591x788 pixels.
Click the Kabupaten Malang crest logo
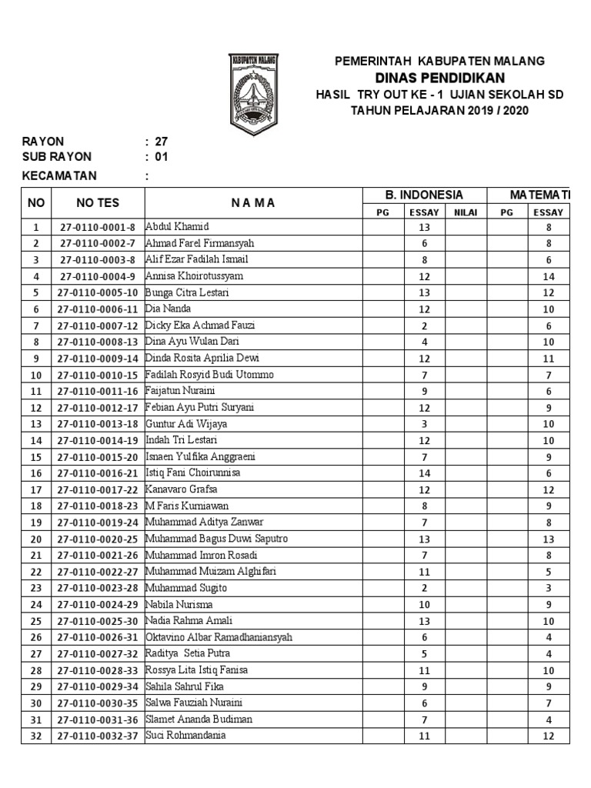tap(253, 95)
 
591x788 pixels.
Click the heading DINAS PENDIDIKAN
tap(439, 78)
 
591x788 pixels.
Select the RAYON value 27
tap(161, 142)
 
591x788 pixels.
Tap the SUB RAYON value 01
tap(161, 157)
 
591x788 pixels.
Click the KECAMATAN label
tap(59, 175)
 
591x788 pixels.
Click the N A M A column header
tap(253, 203)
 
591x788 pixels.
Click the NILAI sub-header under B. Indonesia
tap(466, 212)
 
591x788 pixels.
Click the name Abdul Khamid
tap(177, 227)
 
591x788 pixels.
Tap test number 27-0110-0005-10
tap(97, 292)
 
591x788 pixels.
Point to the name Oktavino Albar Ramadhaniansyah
tap(219, 637)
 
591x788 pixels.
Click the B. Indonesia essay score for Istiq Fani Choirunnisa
tap(424, 473)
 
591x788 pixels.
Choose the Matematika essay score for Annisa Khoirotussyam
tap(549, 276)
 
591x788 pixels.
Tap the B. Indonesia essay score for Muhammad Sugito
tap(424, 588)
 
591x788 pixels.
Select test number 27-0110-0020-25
tap(97, 539)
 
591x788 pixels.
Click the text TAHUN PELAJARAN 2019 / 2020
tap(439, 110)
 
